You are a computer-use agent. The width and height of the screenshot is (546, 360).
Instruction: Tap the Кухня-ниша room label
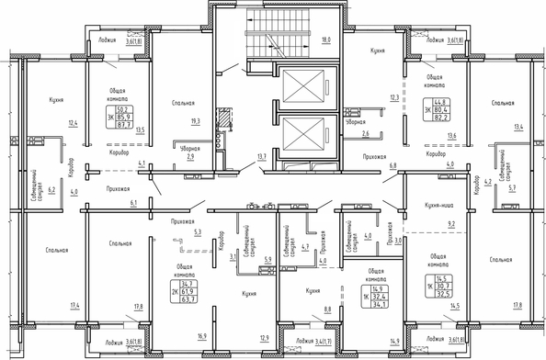click(424, 206)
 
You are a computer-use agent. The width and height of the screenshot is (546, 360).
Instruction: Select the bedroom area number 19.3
click(194, 120)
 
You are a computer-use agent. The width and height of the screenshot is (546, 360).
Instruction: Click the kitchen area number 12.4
click(73, 123)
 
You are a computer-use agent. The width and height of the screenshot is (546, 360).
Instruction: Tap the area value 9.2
click(450, 223)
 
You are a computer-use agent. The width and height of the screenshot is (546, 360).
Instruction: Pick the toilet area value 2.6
click(366, 135)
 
